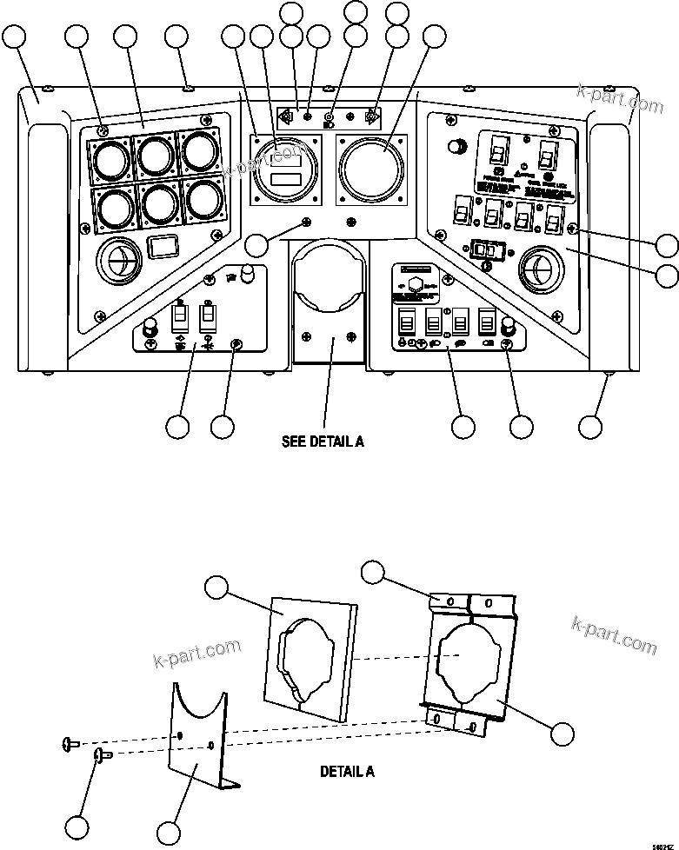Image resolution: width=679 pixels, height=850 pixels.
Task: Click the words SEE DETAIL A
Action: [323, 442]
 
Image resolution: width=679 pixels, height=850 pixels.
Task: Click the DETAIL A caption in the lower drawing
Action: [348, 771]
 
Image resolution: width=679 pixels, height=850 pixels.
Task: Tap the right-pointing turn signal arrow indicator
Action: [371, 117]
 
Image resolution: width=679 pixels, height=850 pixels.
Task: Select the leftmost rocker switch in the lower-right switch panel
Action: [405, 324]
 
